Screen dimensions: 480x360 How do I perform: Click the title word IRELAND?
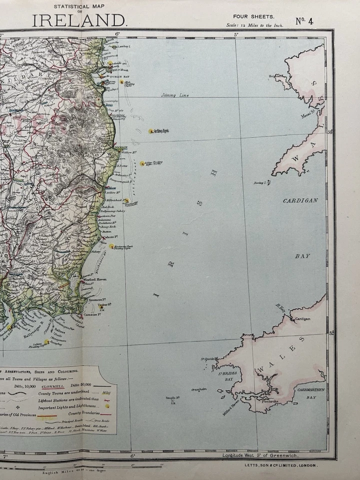[79, 20]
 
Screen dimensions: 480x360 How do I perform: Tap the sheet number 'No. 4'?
[304, 21]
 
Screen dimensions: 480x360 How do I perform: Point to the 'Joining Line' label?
[171, 94]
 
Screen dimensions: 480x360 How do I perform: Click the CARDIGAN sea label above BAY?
[300, 200]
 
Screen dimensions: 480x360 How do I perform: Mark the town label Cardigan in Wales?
[302, 318]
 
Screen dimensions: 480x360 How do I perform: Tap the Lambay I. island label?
[123, 46]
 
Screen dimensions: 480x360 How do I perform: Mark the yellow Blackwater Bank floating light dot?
[111, 246]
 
